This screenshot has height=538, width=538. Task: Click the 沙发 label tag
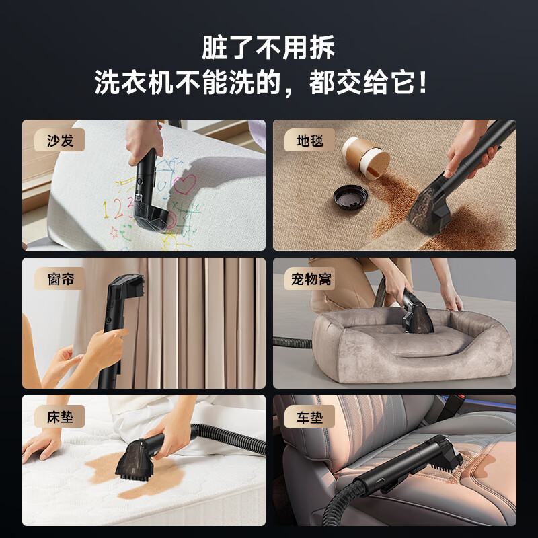coord(59,140)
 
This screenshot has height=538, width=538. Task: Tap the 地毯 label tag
coord(309,140)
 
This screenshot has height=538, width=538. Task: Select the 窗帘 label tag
coord(59,278)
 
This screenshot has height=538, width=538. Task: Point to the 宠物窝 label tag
coord(310,278)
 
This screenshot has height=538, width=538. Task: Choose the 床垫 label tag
coord(59,416)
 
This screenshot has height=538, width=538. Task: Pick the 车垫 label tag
coord(309,416)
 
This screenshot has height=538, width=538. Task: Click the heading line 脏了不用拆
coord(268,47)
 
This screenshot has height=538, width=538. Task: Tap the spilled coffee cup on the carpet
coord(365,158)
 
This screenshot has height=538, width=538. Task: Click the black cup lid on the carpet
coord(350,197)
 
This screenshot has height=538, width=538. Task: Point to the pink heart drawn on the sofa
coord(184,184)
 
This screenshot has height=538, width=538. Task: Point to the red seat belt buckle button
coord(460,397)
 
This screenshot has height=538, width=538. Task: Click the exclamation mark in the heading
coord(423,81)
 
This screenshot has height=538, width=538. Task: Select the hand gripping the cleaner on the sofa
coord(143,141)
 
